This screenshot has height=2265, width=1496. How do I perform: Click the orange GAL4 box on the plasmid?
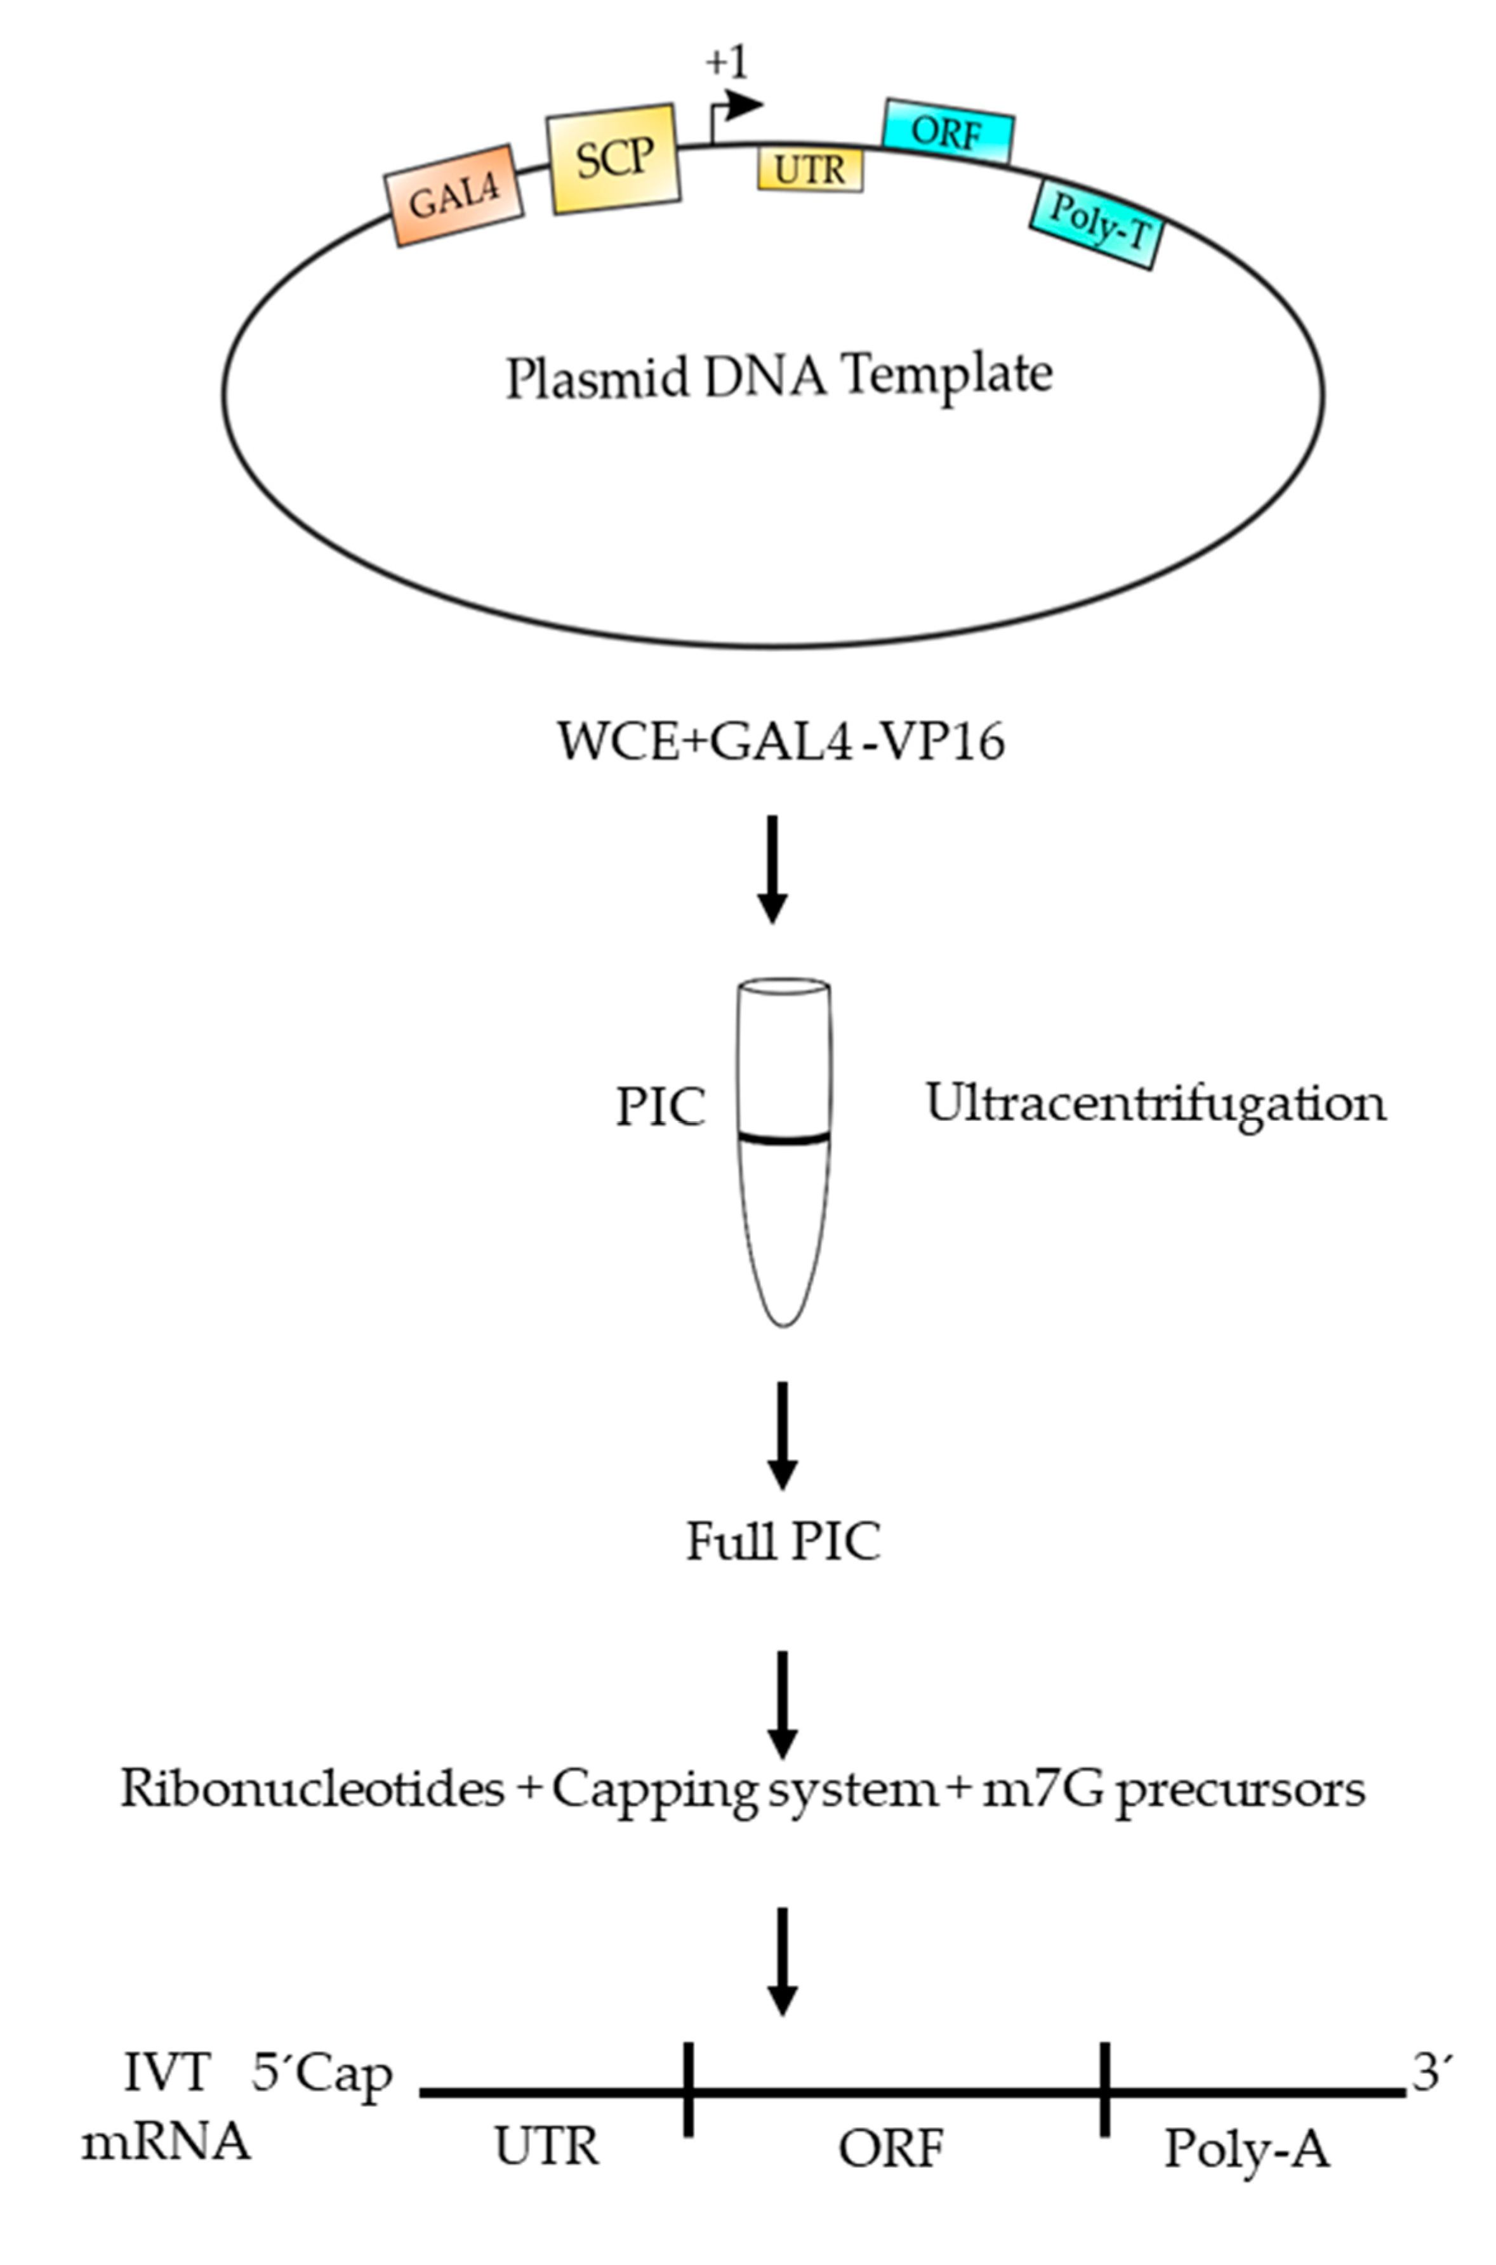pyautogui.click(x=454, y=196)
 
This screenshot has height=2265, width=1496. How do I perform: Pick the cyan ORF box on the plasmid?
pyautogui.click(x=948, y=131)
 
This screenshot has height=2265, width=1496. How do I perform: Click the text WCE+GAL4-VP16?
pyautogui.click(x=781, y=741)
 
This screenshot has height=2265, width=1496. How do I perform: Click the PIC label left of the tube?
pyautogui.click(x=660, y=1108)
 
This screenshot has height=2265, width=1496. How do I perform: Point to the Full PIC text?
pyautogui.click(x=783, y=1542)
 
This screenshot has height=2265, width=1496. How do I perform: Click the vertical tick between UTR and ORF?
pyautogui.click(x=688, y=2089)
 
